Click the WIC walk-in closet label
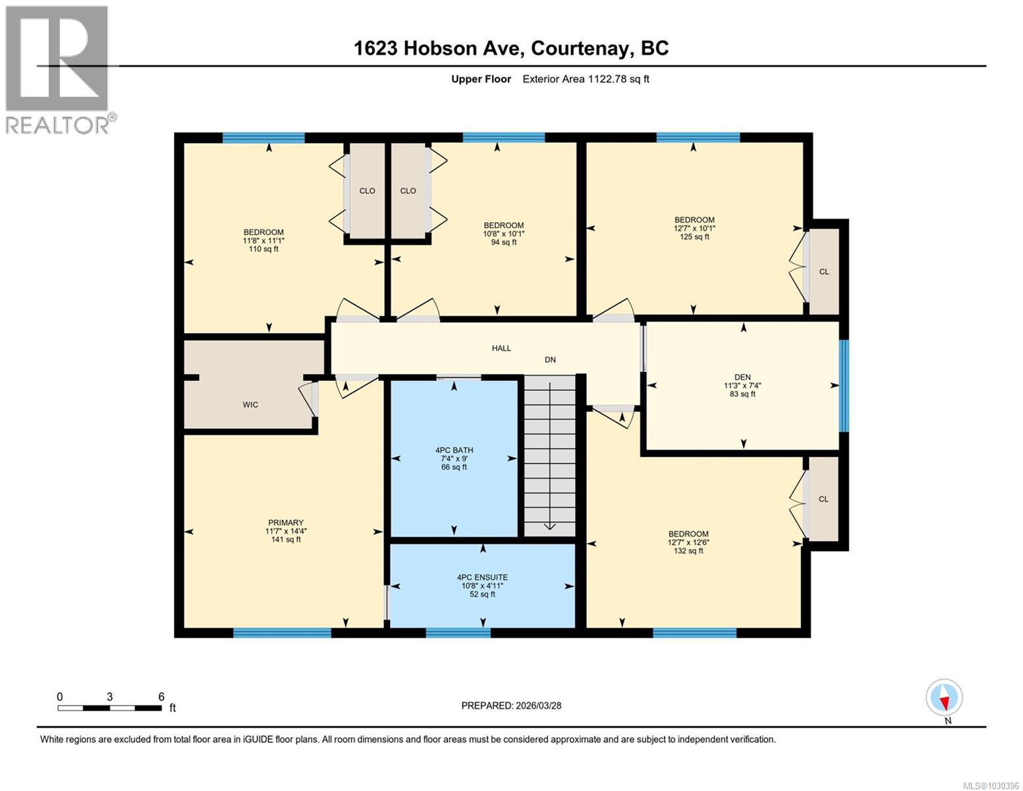pyautogui.click(x=250, y=405)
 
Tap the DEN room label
pyautogui.click(x=742, y=378)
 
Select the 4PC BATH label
pyautogui.click(x=454, y=450)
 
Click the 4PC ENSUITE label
pyautogui.click(x=482, y=577)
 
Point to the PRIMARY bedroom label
pyautogui.click(x=285, y=523)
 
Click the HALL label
pyautogui.click(x=501, y=348)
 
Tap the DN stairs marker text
pyautogui.click(x=550, y=360)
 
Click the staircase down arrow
pyautogui.click(x=549, y=525)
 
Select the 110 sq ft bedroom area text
pyautogui.click(x=263, y=249)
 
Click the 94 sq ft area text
pyautogui.click(x=504, y=242)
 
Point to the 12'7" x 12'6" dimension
pyautogui.click(x=688, y=542)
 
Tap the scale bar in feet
pyautogui.click(x=109, y=708)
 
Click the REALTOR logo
pyautogui.click(x=59, y=69)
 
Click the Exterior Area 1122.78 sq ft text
pyautogui.click(x=586, y=79)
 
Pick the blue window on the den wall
pyautogui.click(x=844, y=386)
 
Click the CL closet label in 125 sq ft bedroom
pyautogui.click(x=824, y=272)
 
